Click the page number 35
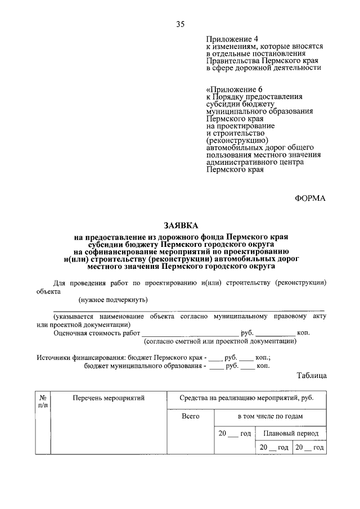click(x=180, y=24)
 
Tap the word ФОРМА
click(x=310, y=197)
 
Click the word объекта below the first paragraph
click(x=49, y=292)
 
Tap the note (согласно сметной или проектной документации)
click(x=220, y=341)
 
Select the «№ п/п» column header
click(x=42, y=401)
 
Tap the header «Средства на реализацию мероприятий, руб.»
click(x=246, y=398)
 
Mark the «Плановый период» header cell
click(x=290, y=434)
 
